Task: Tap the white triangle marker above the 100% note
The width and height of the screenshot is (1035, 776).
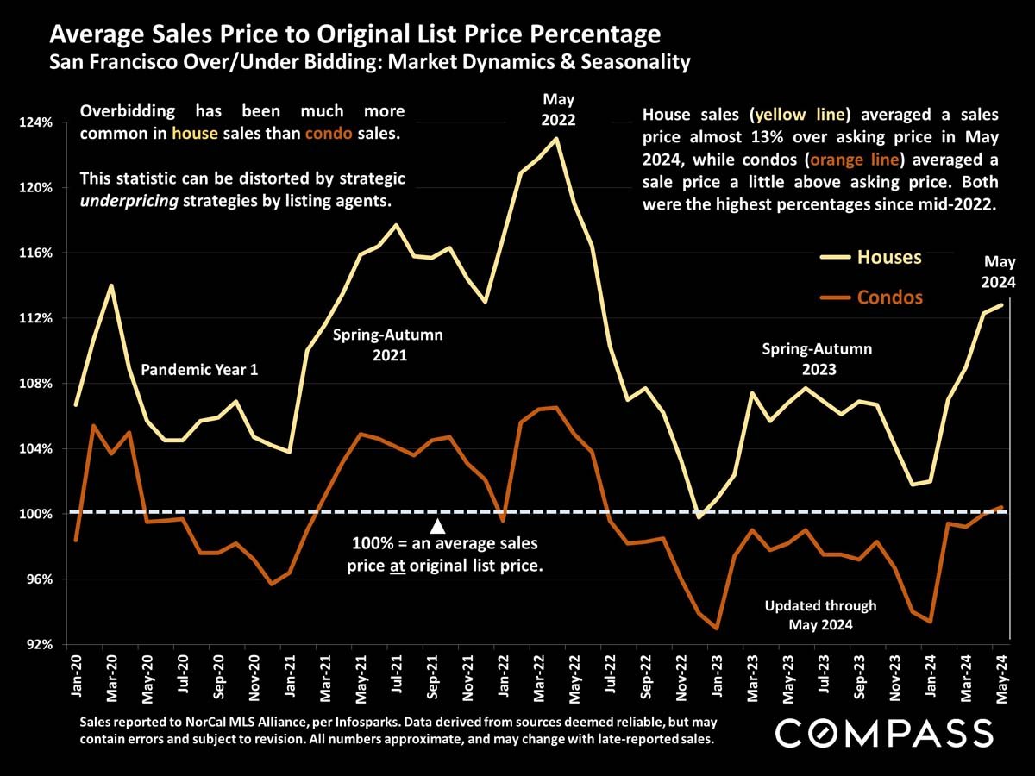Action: tap(437, 526)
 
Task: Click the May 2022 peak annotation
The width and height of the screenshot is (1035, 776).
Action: tap(558, 110)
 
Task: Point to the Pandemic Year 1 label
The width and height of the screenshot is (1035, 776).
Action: tap(199, 370)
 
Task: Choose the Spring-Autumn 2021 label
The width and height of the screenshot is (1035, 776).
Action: tap(388, 344)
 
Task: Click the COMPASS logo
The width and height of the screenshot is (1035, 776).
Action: tap(885, 734)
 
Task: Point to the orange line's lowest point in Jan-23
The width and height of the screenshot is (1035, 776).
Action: tap(718, 629)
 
